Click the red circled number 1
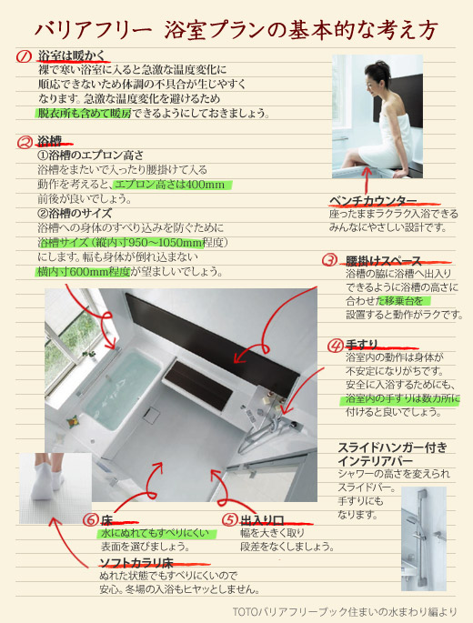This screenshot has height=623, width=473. [24, 56]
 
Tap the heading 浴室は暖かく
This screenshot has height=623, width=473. [72, 55]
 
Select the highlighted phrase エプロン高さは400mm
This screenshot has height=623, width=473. [170, 185]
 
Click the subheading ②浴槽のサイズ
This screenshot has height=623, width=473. [75, 214]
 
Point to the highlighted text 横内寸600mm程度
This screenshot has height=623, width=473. [83, 272]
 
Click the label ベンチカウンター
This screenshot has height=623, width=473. [373, 201]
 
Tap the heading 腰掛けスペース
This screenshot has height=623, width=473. [383, 261]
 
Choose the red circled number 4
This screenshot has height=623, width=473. [335, 346]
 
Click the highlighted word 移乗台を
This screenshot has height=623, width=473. [401, 301]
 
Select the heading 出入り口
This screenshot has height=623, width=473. [262, 520]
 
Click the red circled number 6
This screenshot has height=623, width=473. [91, 519]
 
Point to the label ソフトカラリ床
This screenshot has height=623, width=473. [136, 563]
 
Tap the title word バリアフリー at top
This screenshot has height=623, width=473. [94, 30]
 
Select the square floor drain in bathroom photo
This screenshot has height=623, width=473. [151, 415]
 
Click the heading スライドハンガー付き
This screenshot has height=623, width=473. [393, 447]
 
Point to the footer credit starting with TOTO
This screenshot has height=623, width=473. [345, 611]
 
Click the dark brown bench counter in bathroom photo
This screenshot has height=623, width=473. [198, 385]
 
